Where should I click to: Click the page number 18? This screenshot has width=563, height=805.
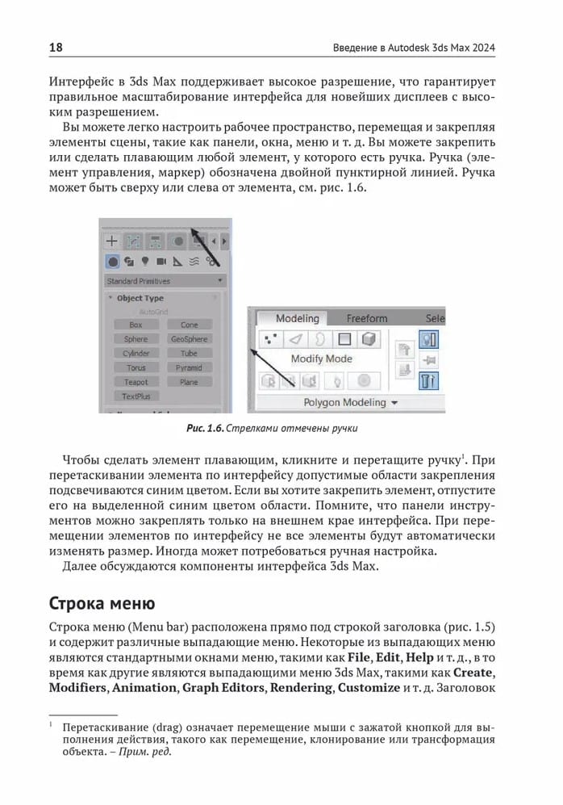(x=56, y=48)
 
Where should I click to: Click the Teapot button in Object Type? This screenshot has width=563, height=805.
(x=136, y=382)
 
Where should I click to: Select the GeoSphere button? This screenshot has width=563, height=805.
(x=189, y=339)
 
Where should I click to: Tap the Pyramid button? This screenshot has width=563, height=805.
(x=189, y=367)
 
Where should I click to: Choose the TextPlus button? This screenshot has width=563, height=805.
(x=136, y=396)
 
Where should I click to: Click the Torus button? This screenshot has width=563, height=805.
(x=136, y=367)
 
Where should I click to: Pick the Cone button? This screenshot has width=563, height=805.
(x=189, y=325)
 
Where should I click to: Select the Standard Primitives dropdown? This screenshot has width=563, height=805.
(x=165, y=281)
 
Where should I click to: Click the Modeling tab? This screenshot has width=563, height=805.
(x=297, y=318)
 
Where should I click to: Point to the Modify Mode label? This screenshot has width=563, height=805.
(x=321, y=358)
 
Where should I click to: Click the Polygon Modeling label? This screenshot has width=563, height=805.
(x=344, y=402)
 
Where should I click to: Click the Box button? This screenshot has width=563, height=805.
(x=136, y=325)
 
